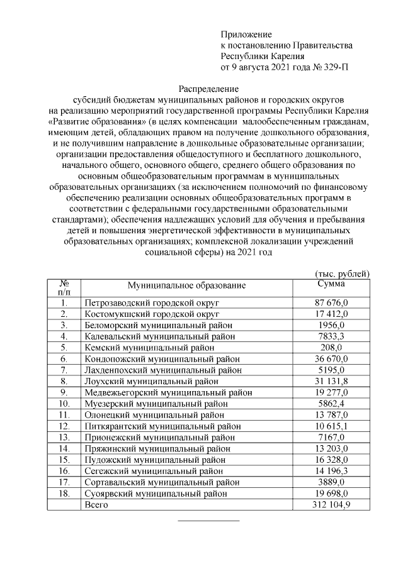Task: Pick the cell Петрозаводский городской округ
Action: coord(152,303)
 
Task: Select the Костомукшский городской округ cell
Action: coord(152,314)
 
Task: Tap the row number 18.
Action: coord(64,493)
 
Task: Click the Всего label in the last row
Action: coord(96,504)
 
